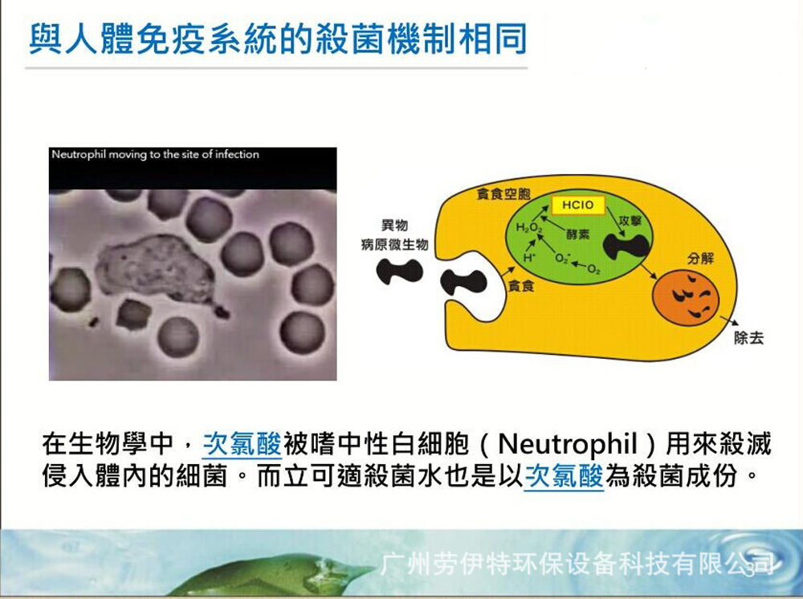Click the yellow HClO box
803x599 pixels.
[577, 206]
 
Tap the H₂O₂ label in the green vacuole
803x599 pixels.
[528, 227]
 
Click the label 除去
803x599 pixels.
[748, 338]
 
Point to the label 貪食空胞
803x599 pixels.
[503, 194]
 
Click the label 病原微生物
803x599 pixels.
[394, 244]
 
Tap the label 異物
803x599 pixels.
[394, 225]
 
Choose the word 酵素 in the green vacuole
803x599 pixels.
[577, 234]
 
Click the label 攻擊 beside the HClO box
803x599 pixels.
[630, 221]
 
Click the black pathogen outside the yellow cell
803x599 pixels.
[399, 272]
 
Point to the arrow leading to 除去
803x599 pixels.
[729, 321]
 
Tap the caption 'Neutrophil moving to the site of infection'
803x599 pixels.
[155, 154]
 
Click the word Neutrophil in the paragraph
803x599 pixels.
[568, 444]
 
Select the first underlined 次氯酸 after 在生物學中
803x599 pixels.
[243, 444]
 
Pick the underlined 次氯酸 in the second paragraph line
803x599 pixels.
[565, 476]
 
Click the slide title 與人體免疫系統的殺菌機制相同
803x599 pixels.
[278, 39]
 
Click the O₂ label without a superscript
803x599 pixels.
[594, 269]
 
